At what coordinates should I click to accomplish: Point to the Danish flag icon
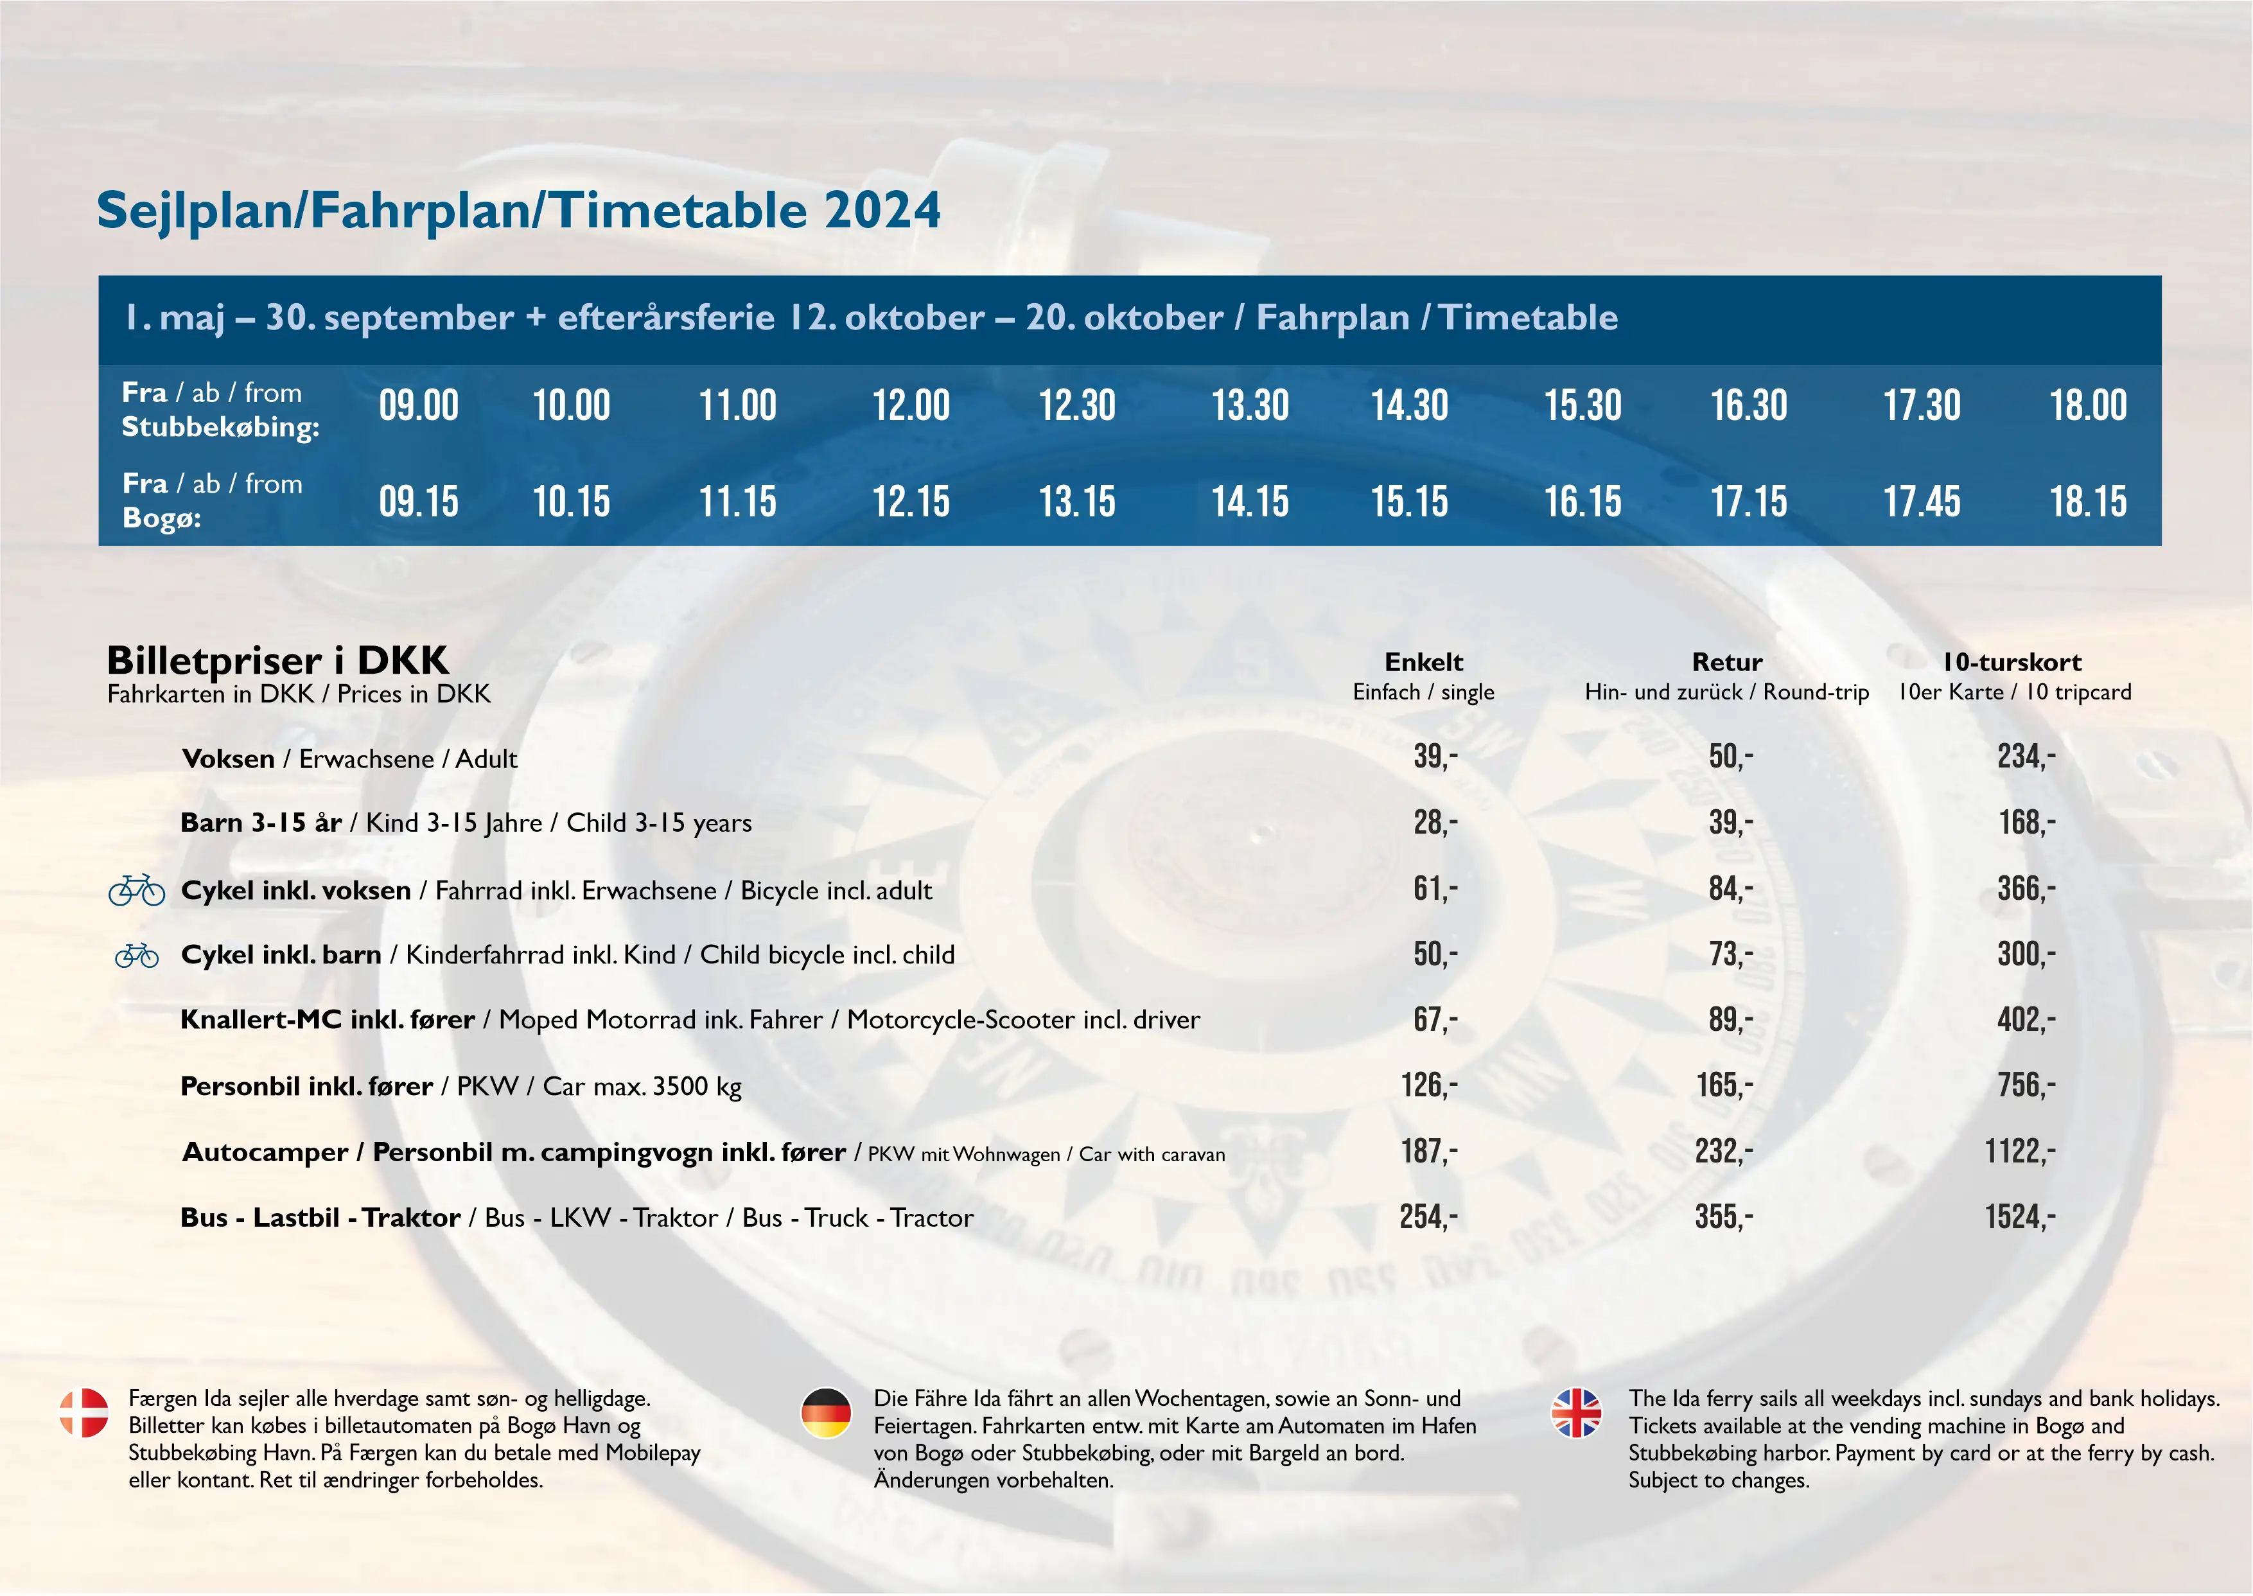point(85,1412)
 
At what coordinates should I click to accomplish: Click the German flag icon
point(825,1412)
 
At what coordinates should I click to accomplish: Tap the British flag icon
point(1576,1412)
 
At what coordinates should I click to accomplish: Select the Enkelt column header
point(1424,662)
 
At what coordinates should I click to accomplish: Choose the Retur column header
point(1726,662)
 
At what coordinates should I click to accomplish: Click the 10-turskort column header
point(2012,662)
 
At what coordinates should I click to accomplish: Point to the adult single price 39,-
point(1435,757)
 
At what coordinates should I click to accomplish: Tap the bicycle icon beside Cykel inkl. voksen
point(137,890)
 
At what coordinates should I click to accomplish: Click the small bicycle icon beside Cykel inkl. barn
point(137,955)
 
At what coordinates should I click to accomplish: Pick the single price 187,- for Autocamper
point(1428,1152)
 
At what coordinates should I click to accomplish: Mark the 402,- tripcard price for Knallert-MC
point(2025,1020)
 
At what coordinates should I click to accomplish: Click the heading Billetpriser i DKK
point(277,660)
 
